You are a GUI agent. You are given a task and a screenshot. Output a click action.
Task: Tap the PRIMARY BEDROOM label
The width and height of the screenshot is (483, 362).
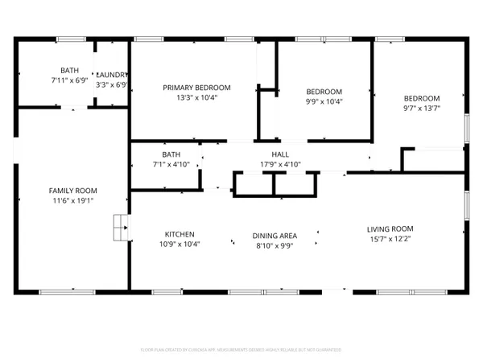pos(196,88)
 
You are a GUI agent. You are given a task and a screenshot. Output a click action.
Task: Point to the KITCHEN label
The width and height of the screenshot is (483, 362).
pos(180,234)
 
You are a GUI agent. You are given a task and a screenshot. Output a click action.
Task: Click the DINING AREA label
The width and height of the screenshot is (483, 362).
pos(275,236)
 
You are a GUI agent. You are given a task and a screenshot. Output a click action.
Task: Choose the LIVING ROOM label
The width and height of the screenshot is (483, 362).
pos(390,228)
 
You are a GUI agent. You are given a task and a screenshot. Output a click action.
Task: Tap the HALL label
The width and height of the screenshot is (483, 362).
pos(279,155)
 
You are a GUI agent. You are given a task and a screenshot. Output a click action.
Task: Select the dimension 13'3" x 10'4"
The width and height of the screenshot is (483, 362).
pos(196,97)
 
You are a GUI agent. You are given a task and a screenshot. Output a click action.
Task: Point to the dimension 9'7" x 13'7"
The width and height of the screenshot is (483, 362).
pos(422,108)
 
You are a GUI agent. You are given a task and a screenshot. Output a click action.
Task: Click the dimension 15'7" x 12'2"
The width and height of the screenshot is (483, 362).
pos(390,238)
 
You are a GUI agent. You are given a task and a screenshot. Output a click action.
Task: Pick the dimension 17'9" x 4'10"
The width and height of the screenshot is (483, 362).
pos(279,165)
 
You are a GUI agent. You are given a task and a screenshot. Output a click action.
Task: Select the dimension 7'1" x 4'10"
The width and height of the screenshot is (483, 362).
pos(171,165)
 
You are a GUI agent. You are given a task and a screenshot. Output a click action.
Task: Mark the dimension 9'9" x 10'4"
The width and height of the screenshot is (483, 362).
pos(324,101)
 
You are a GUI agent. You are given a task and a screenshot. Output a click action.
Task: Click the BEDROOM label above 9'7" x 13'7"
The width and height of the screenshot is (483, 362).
pos(422,98)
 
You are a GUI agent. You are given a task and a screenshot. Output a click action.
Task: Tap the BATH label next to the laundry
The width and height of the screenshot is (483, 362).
pos(70,71)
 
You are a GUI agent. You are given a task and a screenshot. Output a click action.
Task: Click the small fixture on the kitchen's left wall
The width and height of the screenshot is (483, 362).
pos(121,228)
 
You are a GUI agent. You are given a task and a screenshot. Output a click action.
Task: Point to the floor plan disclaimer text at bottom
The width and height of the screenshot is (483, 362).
pos(242,350)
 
